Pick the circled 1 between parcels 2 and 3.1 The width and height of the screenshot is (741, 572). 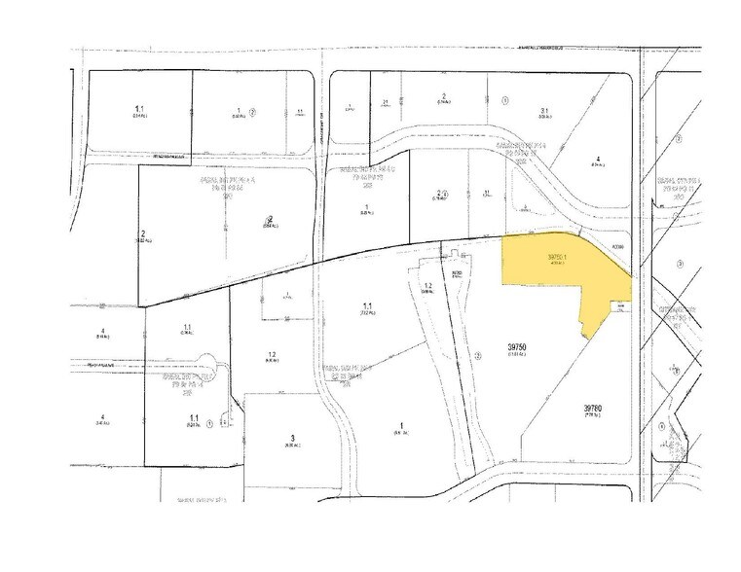click(504, 100)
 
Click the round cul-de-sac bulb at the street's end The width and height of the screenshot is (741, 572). click(219, 373)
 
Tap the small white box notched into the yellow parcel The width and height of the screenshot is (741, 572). click(615, 307)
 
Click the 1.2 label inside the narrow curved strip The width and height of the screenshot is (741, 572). click(426, 284)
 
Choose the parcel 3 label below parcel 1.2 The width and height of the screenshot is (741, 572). click(290, 437)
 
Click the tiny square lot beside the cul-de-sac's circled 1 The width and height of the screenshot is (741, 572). click(223, 423)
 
